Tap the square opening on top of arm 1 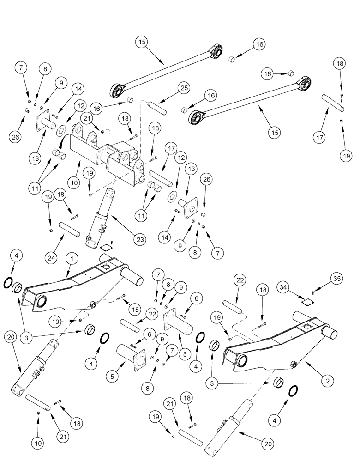click(x=108, y=269)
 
